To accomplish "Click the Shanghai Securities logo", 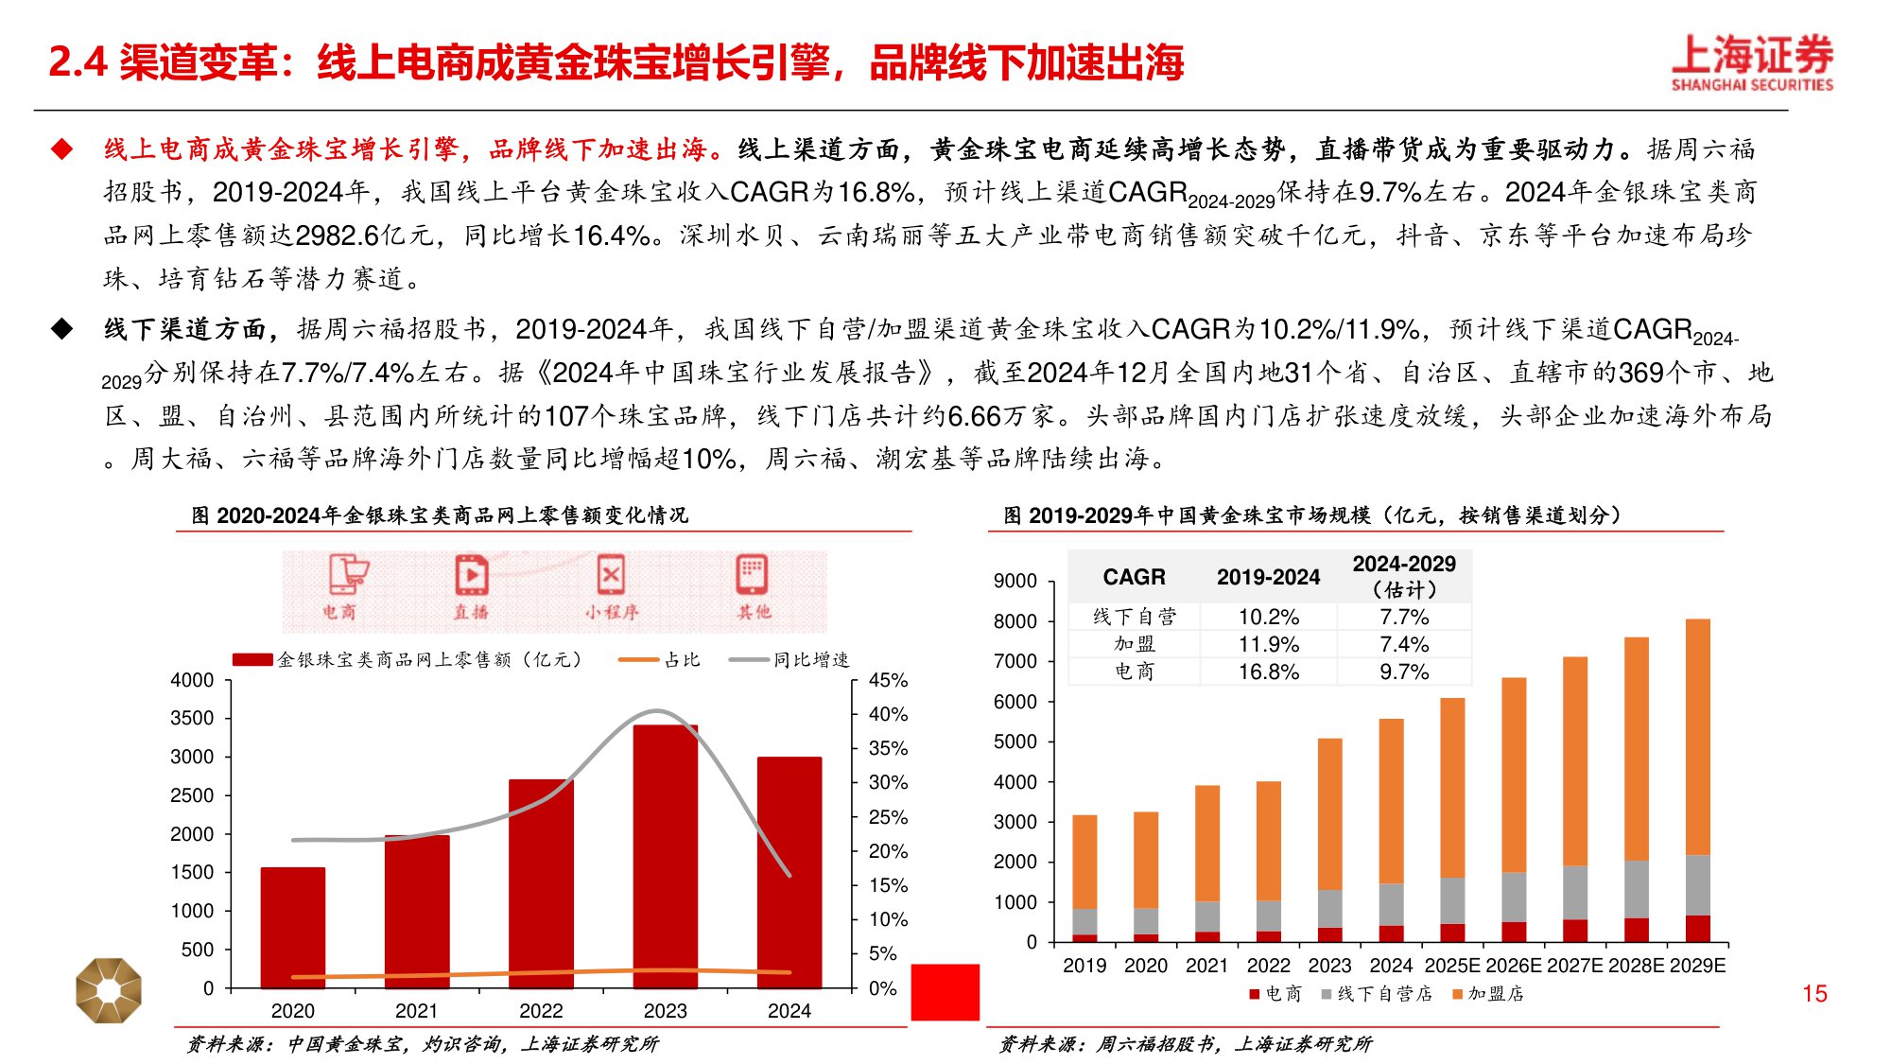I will pos(1752,62).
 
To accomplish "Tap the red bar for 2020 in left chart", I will pos(293,927).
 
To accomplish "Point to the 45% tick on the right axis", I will pos(888,680).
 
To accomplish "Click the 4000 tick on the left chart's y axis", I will pos(192,680).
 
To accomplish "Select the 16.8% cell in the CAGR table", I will pos(1269,672).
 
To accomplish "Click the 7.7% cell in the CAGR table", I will pos(1404,617).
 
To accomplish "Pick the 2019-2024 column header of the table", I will pos(1268,577).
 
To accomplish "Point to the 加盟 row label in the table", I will pos(1135,644).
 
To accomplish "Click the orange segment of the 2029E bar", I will pos(1698,738).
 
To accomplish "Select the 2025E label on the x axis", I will pos(1452,966).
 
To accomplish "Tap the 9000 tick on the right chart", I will pos(1015,581).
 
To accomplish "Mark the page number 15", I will pos(1814,994).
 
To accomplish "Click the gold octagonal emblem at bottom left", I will pos(109,990).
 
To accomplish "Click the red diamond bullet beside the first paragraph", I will pos(62,148).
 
